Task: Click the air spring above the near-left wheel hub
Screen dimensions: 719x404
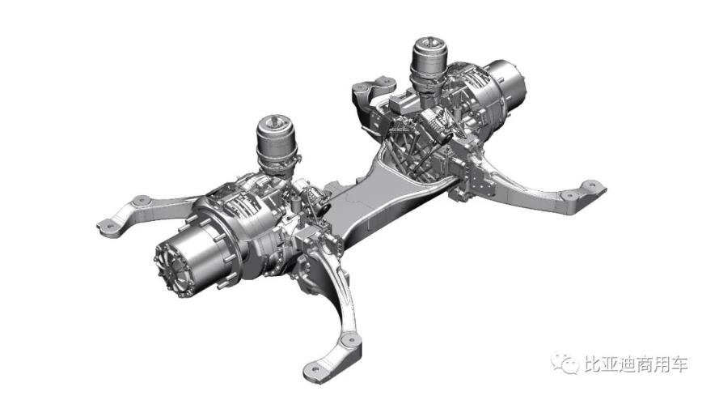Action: coord(276,146)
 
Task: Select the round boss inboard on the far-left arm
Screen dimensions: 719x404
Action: coord(141,200)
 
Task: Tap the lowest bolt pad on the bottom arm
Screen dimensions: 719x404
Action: coord(316,368)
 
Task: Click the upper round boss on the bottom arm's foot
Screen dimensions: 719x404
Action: coord(352,340)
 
